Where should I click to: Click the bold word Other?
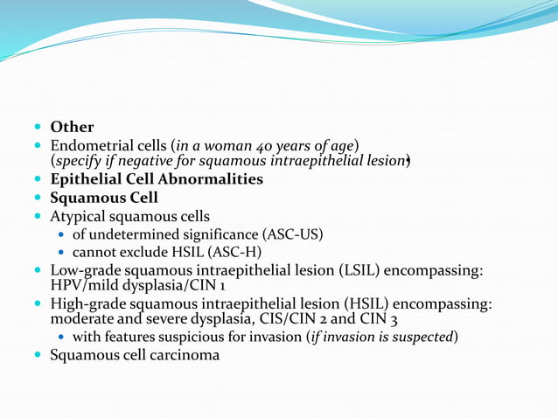(x=72, y=128)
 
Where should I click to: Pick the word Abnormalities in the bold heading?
(x=215, y=179)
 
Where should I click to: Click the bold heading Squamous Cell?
(x=104, y=198)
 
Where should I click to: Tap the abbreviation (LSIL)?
(x=350, y=271)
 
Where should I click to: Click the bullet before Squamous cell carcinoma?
(x=38, y=355)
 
